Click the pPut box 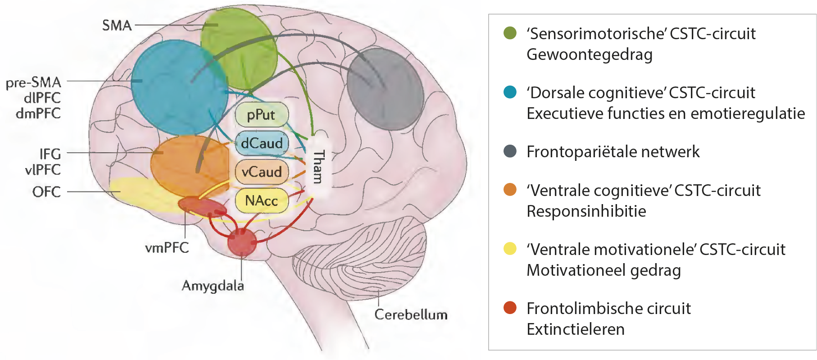pyautogui.click(x=261, y=115)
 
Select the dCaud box pyautogui.click(x=262, y=143)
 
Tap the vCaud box pyautogui.click(x=262, y=172)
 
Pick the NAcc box pyautogui.click(x=262, y=200)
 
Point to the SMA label pyautogui.click(x=117, y=25)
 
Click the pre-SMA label pyautogui.click(x=33, y=82)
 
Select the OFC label pyautogui.click(x=46, y=192)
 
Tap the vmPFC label pyautogui.click(x=167, y=247)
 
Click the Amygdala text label pyautogui.click(x=213, y=286)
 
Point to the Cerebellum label pyautogui.click(x=411, y=314)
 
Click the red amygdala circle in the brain pyautogui.click(x=242, y=242)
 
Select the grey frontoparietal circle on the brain pyautogui.click(x=385, y=89)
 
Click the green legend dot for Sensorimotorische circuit pyautogui.click(x=510, y=33)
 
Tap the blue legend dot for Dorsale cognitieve pyautogui.click(x=510, y=92)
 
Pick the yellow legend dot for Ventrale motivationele pyautogui.click(x=510, y=249)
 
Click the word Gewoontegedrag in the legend pyautogui.click(x=590, y=55)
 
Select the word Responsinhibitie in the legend pyautogui.click(x=586, y=211)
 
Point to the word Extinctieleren pyautogui.click(x=576, y=329)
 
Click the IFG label pyautogui.click(x=50, y=154)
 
